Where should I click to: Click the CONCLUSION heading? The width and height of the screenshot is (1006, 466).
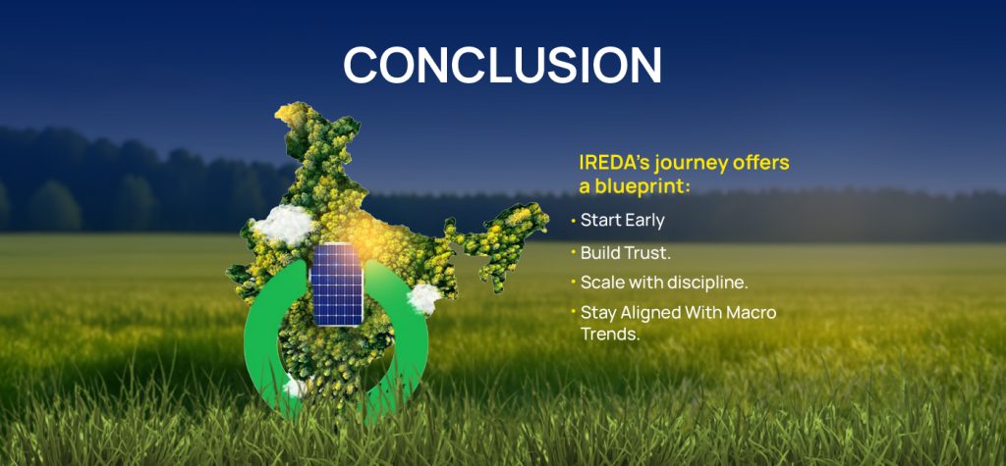coord(502,65)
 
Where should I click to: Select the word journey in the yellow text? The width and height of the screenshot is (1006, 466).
coord(687,163)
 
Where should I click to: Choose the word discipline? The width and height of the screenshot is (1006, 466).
coord(704,283)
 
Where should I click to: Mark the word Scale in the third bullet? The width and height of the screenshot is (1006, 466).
coord(602,283)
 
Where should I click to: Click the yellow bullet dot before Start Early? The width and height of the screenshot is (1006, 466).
coord(573,221)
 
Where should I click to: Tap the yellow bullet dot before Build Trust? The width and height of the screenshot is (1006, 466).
coord(573,252)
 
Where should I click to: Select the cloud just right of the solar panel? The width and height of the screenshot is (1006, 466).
coord(423,296)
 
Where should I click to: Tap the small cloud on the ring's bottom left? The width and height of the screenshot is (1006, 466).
coord(294,388)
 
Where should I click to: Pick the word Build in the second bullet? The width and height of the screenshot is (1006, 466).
coord(599,252)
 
